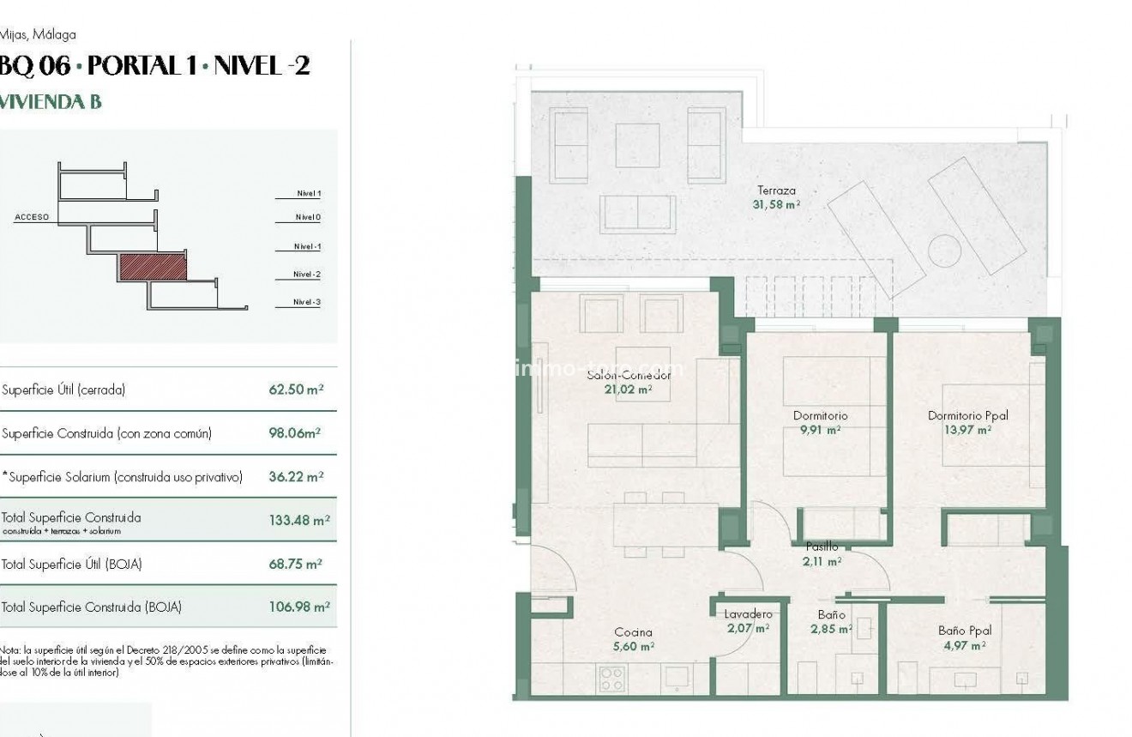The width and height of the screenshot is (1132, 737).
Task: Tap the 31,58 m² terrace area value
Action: pyautogui.click(x=777, y=205)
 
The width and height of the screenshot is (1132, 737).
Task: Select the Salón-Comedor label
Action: pyautogui.click(x=628, y=376)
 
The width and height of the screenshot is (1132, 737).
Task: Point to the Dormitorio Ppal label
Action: pyautogui.click(x=967, y=416)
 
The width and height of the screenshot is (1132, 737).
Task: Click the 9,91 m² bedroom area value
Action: pyautogui.click(x=821, y=431)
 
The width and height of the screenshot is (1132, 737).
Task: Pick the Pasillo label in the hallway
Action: pyautogui.click(x=822, y=547)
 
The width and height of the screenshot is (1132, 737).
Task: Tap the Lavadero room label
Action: pyautogui.click(x=748, y=614)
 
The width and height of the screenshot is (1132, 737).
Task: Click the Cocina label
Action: pyautogui.click(x=633, y=632)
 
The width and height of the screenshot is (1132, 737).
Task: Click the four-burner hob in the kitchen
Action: pyautogui.click(x=612, y=679)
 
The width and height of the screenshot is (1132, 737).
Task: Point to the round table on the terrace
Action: pyautogui.click(x=944, y=252)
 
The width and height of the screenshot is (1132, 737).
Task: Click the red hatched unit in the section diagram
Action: pyautogui.click(x=152, y=268)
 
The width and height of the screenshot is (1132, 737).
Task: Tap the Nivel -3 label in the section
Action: pyautogui.click(x=306, y=302)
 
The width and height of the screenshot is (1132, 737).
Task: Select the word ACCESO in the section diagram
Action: pyautogui.click(x=32, y=218)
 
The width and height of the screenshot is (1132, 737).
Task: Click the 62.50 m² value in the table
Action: pyautogui.click(x=296, y=390)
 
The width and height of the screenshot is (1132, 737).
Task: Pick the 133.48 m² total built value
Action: pyautogui.click(x=299, y=520)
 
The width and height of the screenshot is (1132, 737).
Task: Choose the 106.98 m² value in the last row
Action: pyautogui.click(x=299, y=607)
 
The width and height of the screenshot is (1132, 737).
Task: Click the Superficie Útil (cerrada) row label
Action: pyautogui.click(x=63, y=390)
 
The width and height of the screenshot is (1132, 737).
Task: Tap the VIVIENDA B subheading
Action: pyautogui.click(x=51, y=101)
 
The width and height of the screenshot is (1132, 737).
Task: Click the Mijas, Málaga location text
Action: pyautogui.click(x=38, y=35)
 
